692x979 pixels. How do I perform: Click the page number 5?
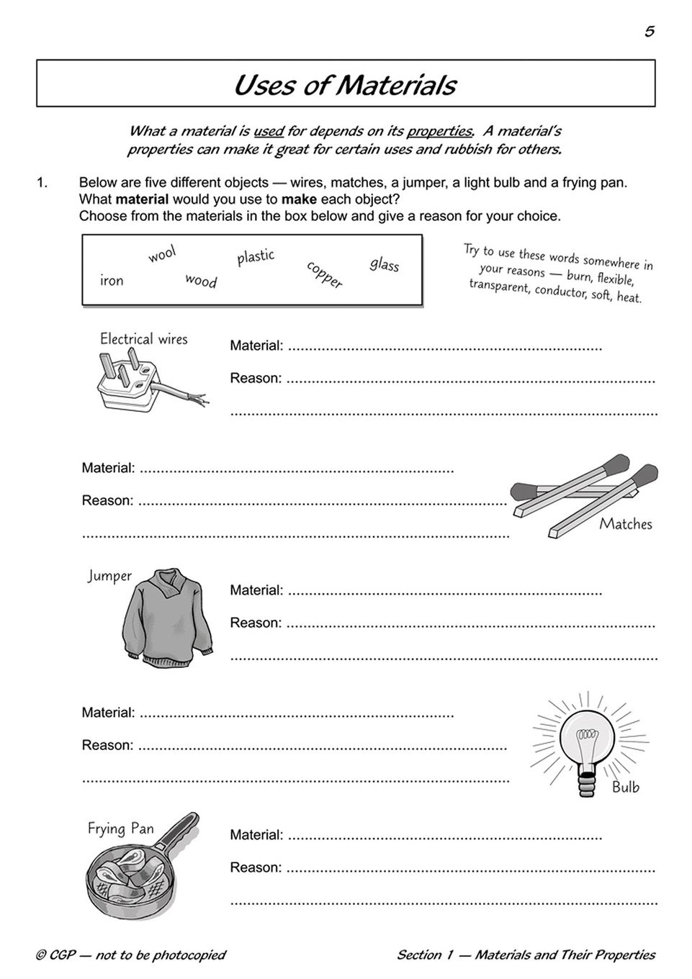click(649, 31)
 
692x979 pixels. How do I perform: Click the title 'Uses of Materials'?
click(345, 85)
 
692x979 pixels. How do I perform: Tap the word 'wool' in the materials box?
click(162, 254)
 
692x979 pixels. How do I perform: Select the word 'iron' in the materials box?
click(112, 281)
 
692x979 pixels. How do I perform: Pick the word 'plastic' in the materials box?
click(256, 256)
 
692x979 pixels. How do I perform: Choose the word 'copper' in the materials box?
click(324, 274)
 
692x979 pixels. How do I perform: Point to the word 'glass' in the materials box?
click(384, 264)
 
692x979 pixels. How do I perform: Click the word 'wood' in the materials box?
click(201, 281)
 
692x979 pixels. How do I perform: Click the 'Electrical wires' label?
click(143, 339)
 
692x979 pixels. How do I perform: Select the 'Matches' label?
click(625, 524)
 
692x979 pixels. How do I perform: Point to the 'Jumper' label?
click(109, 576)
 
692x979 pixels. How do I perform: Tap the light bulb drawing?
click(588, 749)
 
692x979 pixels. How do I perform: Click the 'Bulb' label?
click(625, 787)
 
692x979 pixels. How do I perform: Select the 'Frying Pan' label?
click(120, 829)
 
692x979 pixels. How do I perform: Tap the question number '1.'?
click(42, 183)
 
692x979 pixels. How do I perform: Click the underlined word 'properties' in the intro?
click(439, 131)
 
